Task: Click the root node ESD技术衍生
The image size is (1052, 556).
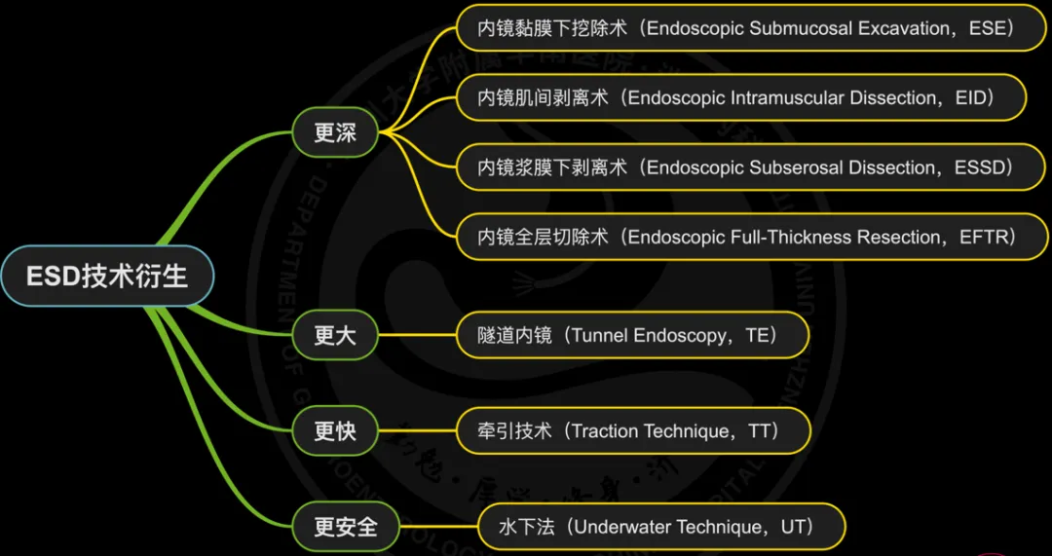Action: point(106,277)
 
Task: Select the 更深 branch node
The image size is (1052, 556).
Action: point(335,132)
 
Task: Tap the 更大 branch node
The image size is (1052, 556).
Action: point(335,336)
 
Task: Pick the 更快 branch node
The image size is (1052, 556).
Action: point(335,430)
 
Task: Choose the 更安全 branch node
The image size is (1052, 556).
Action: point(346,527)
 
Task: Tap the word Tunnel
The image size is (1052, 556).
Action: point(599,336)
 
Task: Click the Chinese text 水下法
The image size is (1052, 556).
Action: point(527,527)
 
